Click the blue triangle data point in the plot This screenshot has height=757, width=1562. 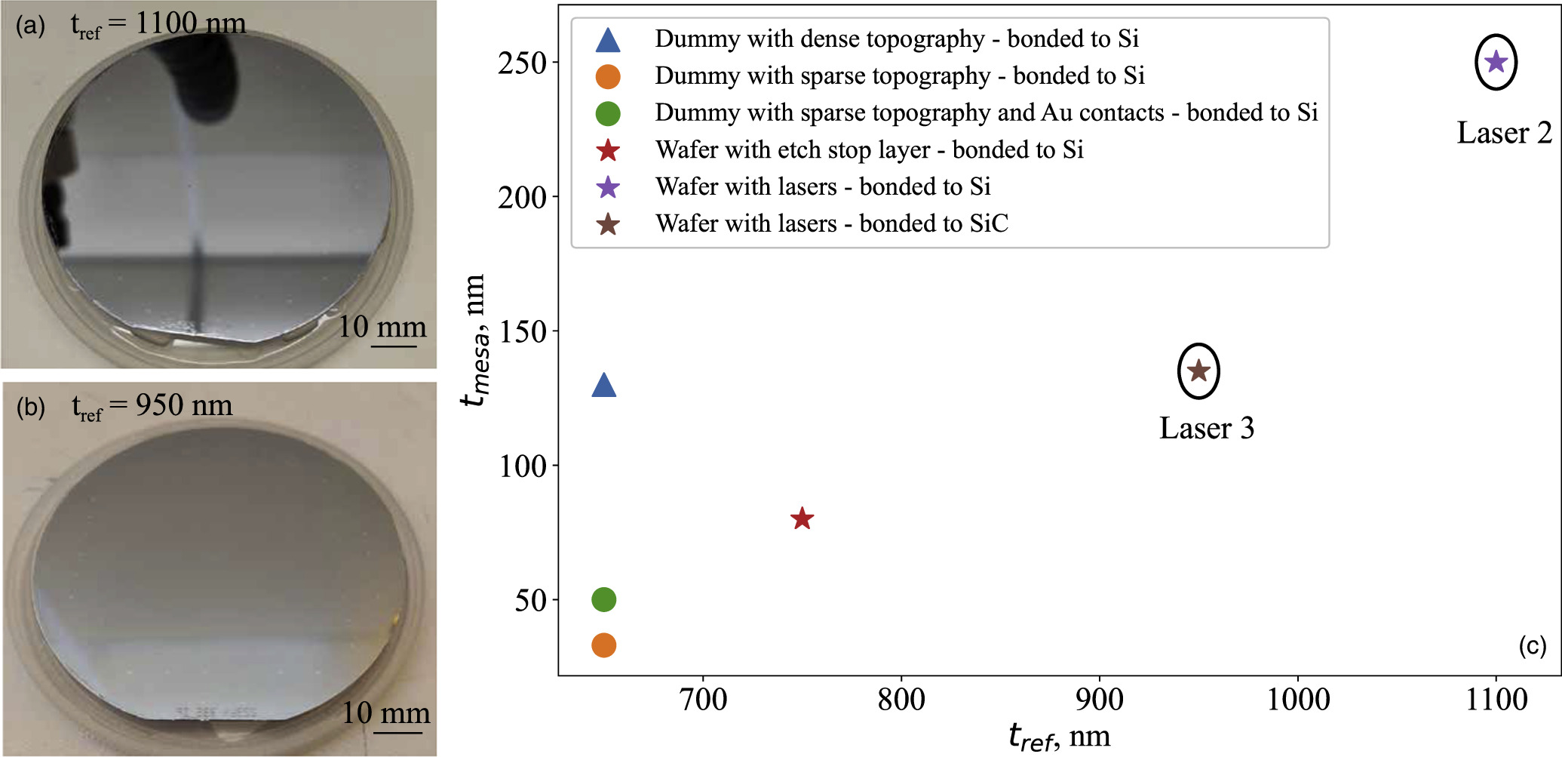pos(603,386)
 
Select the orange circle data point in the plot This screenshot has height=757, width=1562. pos(603,645)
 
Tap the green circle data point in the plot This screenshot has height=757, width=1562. pos(603,599)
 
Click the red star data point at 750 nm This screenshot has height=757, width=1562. pos(802,519)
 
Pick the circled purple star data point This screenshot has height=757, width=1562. pos(1496,62)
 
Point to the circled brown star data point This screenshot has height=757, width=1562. pos(1198,371)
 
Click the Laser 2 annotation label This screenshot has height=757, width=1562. pos(1504,133)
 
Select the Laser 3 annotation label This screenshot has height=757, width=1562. pos(1206,428)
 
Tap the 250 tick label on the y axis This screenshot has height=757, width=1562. pos(522,63)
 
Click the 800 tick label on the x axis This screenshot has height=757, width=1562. pos(901,700)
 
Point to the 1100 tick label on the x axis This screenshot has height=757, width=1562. pos(1496,700)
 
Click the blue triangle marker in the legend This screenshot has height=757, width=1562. pos(607,39)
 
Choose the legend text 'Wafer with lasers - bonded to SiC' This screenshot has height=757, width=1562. pos(831,223)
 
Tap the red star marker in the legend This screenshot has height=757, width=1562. pos(607,150)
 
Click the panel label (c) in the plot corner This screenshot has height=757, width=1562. pos(1532,646)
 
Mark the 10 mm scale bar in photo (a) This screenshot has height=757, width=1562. pos(394,346)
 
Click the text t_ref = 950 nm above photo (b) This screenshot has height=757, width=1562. pos(152,406)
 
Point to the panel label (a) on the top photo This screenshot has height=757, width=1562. pos(30,26)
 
